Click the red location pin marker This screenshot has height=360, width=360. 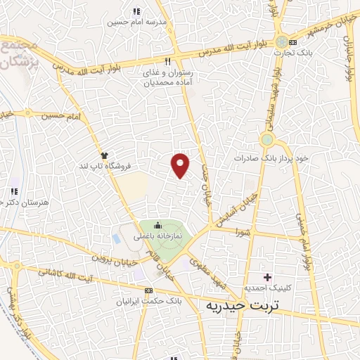tap(181, 165)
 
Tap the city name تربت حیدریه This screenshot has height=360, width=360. tap(243, 307)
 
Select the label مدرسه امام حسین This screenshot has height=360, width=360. tap(136, 22)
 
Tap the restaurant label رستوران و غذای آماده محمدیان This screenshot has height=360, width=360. tap(168, 77)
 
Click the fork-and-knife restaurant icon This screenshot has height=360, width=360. tap(167, 61)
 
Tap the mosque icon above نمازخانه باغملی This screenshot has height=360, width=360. tap(157, 226)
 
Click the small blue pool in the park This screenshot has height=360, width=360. tap(115, 238)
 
